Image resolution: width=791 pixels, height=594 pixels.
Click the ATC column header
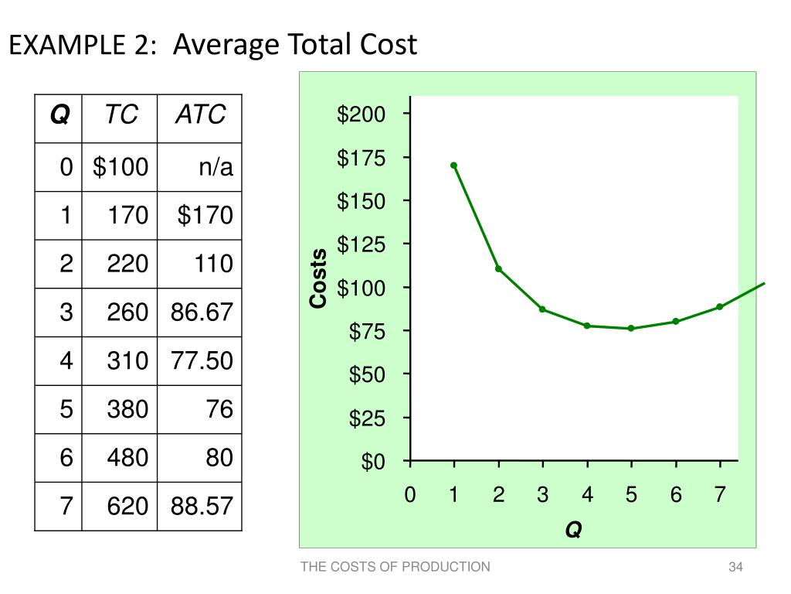tap(200, 115)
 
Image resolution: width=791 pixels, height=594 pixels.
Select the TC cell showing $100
tap(121, 166)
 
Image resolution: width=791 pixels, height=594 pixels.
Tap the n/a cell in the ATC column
tap(216, 166)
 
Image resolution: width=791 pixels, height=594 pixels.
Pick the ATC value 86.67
tap(202, 312)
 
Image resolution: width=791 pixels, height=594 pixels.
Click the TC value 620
tap(127, 507)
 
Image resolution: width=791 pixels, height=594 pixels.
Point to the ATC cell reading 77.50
tap(202, 361)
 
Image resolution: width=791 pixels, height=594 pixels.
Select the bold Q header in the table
tap(59, 115)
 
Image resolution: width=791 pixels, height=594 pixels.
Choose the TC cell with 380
tap(127, 409)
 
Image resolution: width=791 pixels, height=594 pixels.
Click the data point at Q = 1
tap(453, 166)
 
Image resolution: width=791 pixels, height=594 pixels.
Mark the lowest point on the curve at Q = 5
tap(631, 328)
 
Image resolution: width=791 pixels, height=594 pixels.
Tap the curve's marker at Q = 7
tap(720, 306)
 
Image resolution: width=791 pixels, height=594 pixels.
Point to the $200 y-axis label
tap(360, 115)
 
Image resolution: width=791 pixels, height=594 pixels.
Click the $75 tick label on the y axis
tap(365, 332)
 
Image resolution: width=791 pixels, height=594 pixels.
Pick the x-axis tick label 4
tap(587, 495)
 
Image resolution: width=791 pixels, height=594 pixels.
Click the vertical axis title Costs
tap(318, 278)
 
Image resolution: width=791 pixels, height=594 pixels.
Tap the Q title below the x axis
tap(573, 531)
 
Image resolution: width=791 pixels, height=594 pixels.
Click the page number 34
tap(735, 568)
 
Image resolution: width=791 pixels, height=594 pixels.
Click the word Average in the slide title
tap(228, 46)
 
